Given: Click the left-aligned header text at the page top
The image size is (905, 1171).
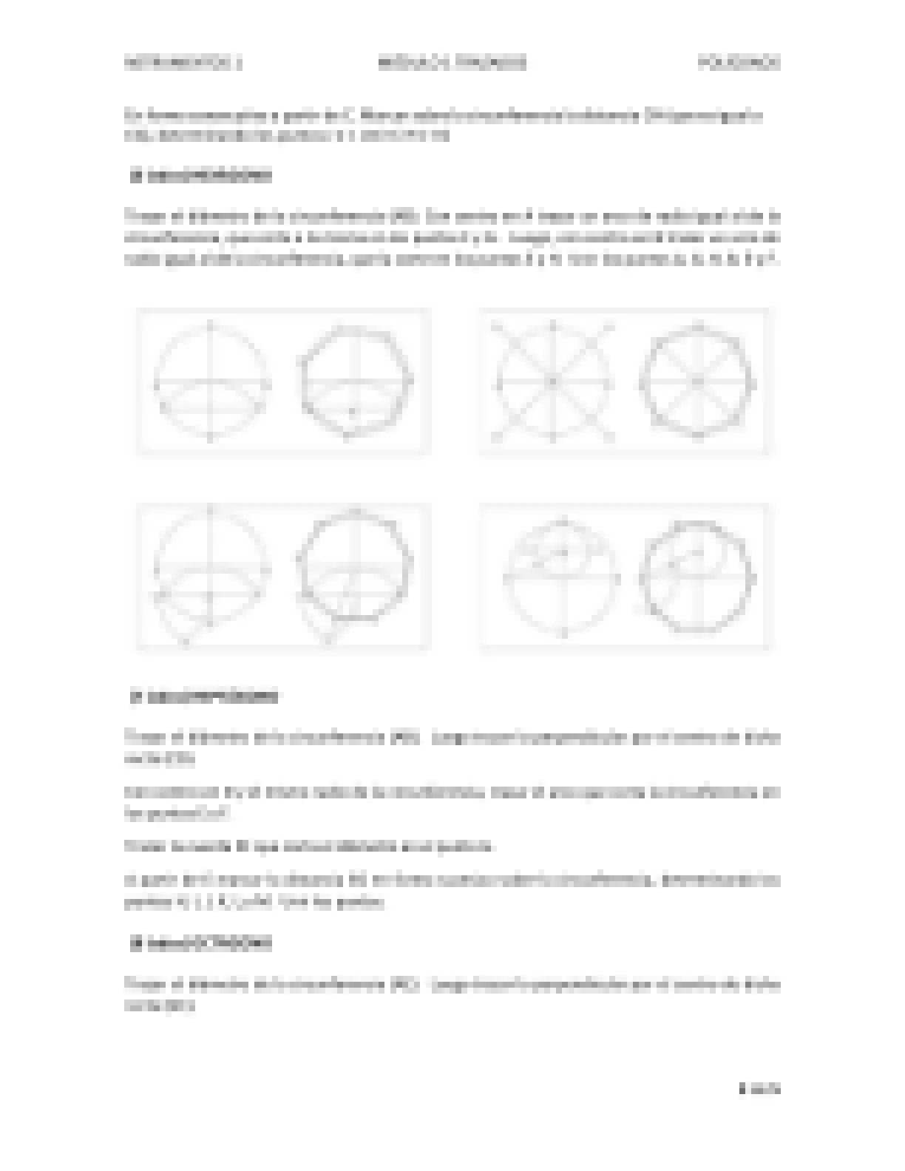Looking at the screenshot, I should point(183,63).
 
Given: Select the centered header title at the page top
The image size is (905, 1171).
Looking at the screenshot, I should point(452,63).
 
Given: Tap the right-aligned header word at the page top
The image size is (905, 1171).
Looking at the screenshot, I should point(739,63).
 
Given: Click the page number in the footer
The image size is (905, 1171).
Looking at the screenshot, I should point(759,1088).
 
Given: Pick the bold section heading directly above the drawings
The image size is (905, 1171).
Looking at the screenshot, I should point(201,177).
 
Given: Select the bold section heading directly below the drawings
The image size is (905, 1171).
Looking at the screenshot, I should point(204,696).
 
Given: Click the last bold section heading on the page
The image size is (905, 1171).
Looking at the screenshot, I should point(201,943).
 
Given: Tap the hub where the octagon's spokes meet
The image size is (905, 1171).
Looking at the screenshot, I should point(697,382).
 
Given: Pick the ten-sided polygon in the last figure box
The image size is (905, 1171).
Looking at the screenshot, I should point(697,577).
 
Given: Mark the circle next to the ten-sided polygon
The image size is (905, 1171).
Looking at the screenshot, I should point(562,577).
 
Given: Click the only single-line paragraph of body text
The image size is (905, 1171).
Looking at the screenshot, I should point(309,846).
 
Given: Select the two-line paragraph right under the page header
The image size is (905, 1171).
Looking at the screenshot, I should point(444,126).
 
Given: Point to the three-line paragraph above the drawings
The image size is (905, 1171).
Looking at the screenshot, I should point(452,238).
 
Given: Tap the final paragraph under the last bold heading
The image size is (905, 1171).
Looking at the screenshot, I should point(452,995).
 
